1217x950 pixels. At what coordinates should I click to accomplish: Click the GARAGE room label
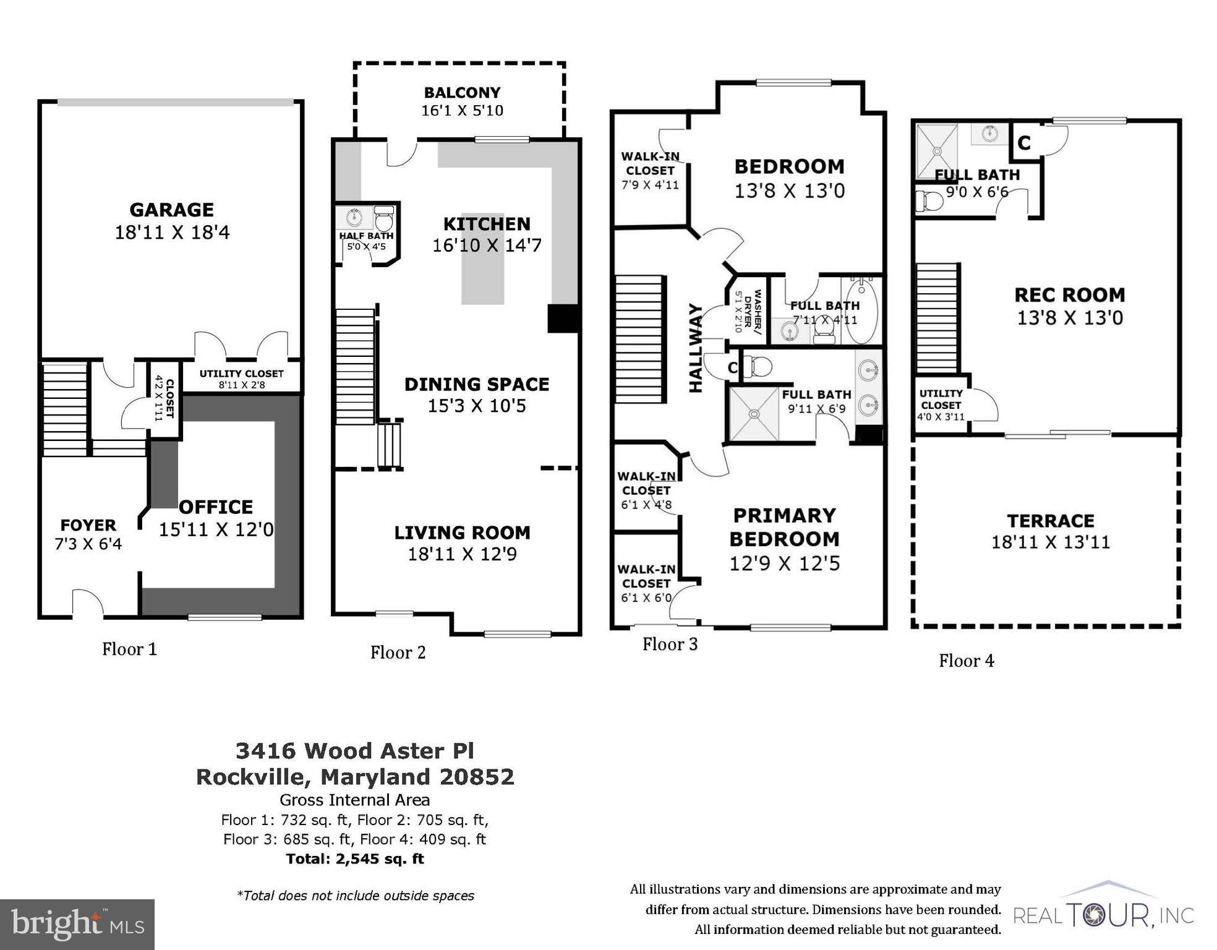tap(171, 210)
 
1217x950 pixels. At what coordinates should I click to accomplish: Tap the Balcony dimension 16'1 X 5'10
tap(462, 111)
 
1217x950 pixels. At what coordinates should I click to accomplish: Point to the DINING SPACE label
tap(476, 384)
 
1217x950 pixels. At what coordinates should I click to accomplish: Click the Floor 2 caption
tap(398, 652)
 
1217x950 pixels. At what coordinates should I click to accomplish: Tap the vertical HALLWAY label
tap(696, 348)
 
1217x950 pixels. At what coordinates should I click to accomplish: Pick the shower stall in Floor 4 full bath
tap(936, 151)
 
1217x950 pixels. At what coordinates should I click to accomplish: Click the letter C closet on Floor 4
tap(1023, 143)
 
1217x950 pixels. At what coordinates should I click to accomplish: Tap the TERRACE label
tap(1050, 521)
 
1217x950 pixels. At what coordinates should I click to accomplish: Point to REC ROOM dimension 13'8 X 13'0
tap(1069, 318)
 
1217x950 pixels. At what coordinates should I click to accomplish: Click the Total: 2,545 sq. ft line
tap(355, 858)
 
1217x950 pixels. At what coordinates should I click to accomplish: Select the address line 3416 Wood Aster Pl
tap(355, 750)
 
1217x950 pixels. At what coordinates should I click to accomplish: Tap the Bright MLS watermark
tap(77, 923)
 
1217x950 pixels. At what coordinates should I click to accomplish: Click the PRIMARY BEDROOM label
tap(784, 527)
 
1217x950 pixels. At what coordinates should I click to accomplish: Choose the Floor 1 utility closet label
tap(241, 374)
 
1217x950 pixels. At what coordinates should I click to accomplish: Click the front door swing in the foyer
tap(88, 603)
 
